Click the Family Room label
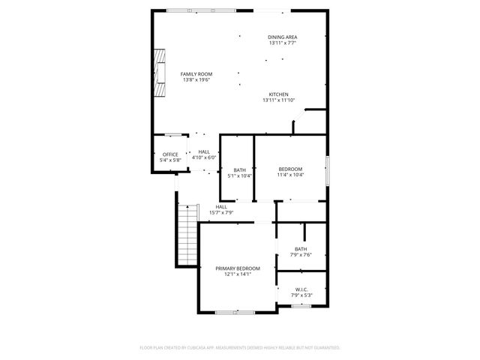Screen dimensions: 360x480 (x=196, y=74)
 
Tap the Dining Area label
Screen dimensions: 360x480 (x=283, y=37)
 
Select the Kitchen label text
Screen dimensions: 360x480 (x=278, y=94)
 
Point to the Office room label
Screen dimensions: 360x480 (x=170, y=154)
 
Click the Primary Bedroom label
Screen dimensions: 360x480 (x=237, y=268)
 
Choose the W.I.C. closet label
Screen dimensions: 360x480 (x=301, y=289)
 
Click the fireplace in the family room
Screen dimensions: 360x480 (x=160, y=73)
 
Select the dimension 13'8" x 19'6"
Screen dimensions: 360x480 (x=196, y=80)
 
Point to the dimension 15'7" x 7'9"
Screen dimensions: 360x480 (x=221, y=213)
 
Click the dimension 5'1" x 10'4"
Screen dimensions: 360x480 (x=239, y=175)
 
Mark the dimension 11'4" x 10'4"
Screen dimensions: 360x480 (x=290, y=175)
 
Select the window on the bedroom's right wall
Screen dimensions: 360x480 (x=328, y=169)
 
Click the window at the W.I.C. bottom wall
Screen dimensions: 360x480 (x=301, y=305)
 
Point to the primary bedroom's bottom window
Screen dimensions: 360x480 (x=235, y=312)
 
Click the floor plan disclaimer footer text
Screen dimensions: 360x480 (x=240, y=348)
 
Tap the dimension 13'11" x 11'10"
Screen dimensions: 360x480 (x=278, y=100)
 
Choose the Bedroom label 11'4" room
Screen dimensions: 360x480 (x=290, y=169)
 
